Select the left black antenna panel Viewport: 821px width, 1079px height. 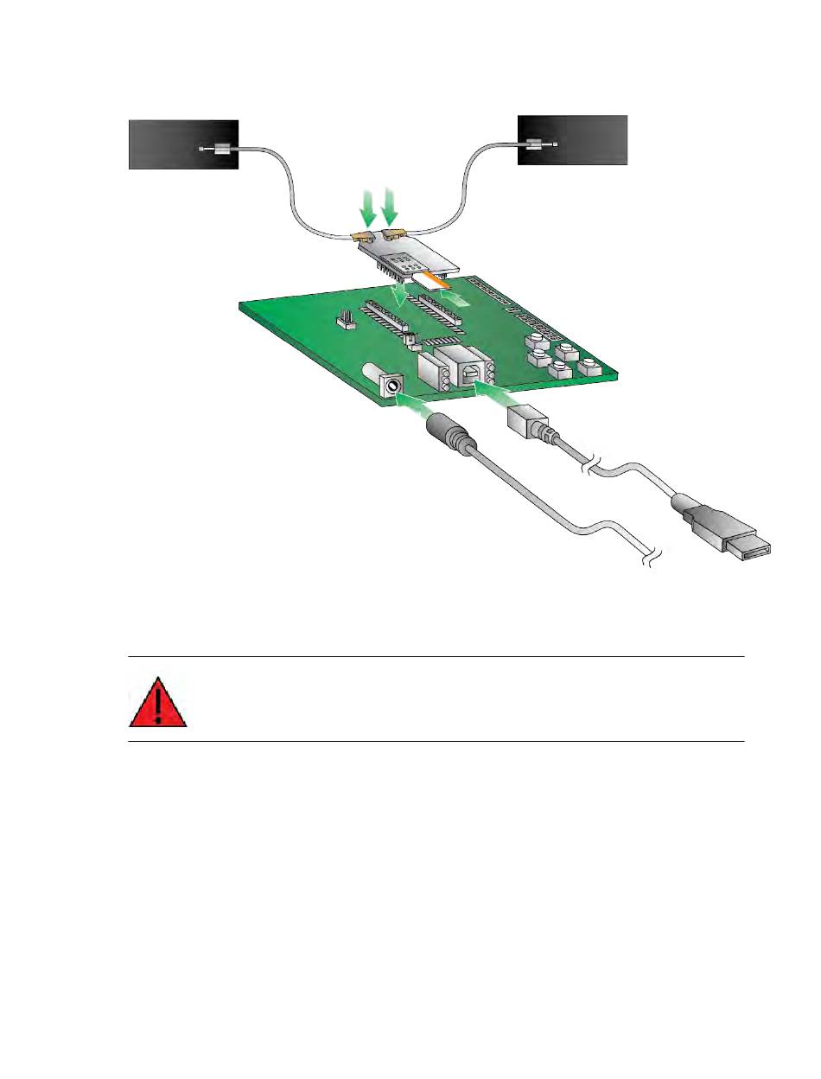(x=183, y=144)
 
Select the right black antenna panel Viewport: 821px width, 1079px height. (x=572, y=138)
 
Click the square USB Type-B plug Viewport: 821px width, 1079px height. (x=525, y=425)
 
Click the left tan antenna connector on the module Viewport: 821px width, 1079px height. (x=363, y=236)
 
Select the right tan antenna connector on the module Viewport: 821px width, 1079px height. (x=396, y=233)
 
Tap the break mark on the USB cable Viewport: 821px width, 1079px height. (x=592, y=464)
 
